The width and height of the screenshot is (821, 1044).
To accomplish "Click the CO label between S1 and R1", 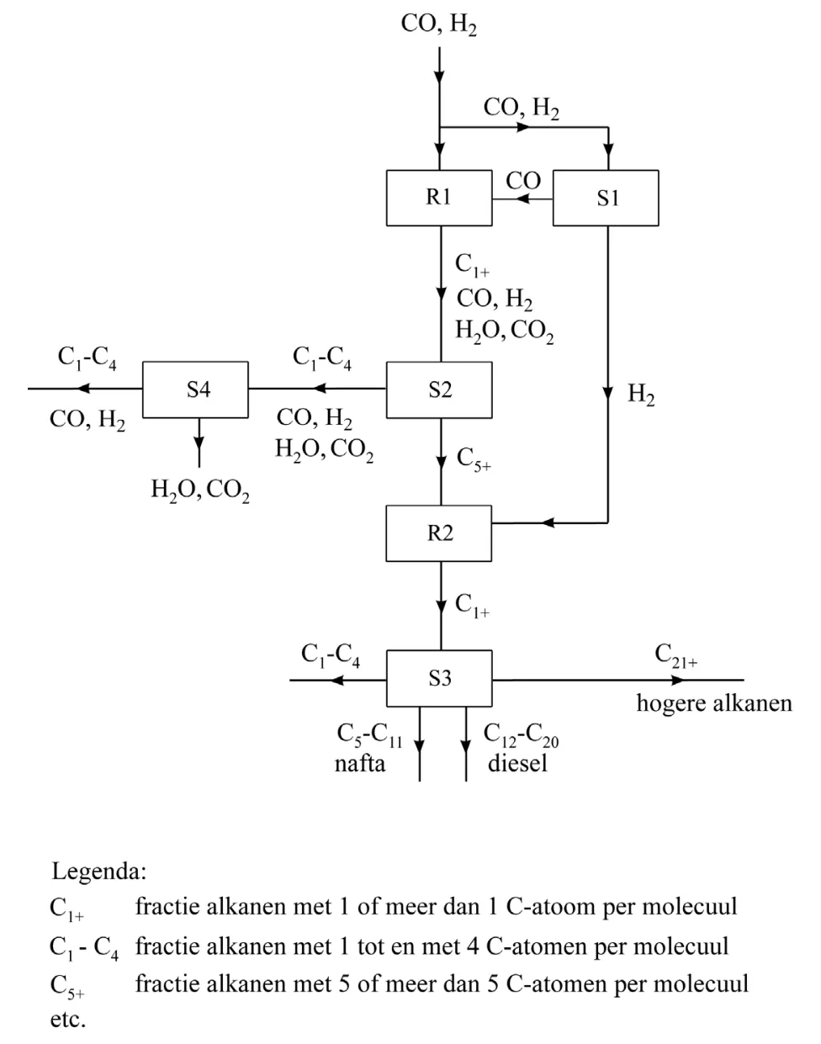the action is (523, 181).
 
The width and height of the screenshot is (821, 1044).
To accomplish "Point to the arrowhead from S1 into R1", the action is (522, 199).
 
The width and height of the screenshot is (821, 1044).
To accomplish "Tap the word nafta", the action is (360, 763).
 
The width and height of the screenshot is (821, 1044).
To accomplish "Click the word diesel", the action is (517, 763).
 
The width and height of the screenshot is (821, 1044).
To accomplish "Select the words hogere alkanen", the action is (714, 704).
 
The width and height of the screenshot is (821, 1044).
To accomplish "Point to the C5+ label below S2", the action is (474, 459).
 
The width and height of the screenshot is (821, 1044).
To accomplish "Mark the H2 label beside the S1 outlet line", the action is (641, 394).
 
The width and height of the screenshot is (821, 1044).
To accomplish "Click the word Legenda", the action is (99, 872).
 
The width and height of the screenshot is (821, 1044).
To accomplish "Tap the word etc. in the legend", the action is (68, 1020).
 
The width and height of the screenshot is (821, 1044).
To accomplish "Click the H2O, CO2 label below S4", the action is (200, 490).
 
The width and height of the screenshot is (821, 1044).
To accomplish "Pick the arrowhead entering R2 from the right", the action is (548, 523).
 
